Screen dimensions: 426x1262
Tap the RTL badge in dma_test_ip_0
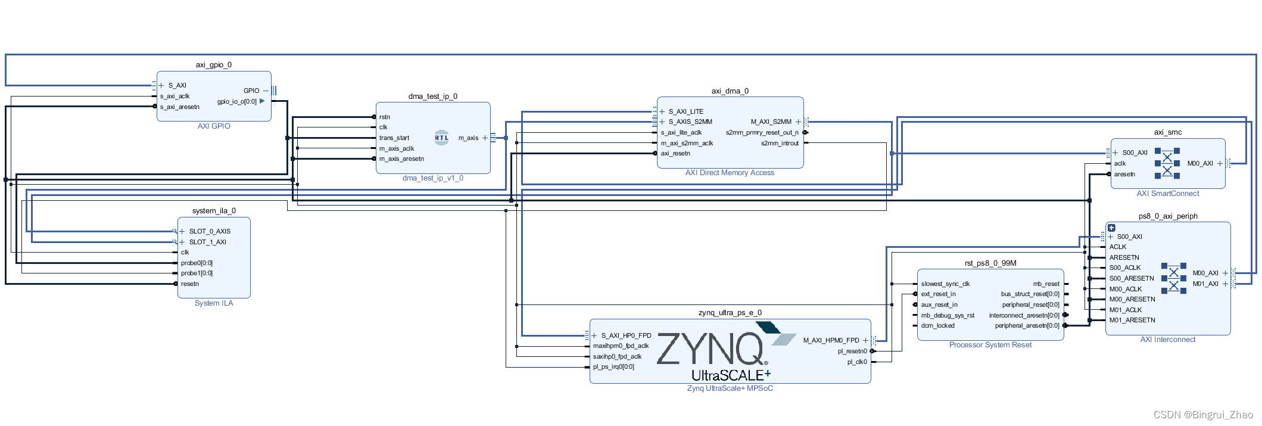(x=441, y=138)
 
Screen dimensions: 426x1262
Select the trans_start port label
(x=394, y=138)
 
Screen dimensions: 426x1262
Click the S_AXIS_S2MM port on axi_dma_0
(x=690, y=122)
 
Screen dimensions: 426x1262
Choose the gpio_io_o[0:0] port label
(x=236, y=101)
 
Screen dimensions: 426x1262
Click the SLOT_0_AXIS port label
(x=210, y=231)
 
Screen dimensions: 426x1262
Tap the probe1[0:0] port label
(x=197, y=273)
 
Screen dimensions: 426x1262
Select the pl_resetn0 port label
(x=852, y=351)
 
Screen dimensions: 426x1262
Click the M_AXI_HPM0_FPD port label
(x=831, y=340)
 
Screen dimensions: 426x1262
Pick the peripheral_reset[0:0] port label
(x=1030, y=304)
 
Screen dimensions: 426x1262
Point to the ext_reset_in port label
(x=938, y=294)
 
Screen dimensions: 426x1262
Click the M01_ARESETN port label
(x=1132, y=320)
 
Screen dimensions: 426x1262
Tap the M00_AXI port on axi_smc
(x=1200, y=163)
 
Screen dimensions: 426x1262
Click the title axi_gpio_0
(x=213, y=65)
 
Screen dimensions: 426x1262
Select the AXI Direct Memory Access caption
(x=730, y=173)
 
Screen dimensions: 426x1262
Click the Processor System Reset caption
(x=990, y=345)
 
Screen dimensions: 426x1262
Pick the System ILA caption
(x=214, y=303)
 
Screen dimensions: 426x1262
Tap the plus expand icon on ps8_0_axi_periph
(x=1111, y=228)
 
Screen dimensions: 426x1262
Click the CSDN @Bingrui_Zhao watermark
(x=1202, y=415)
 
